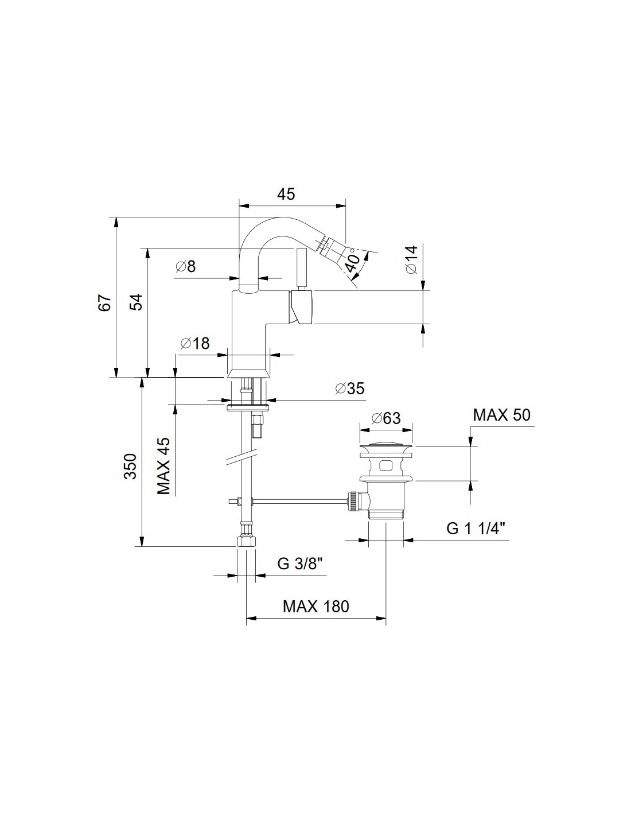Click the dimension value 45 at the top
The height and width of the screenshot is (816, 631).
click(x=286, y=194)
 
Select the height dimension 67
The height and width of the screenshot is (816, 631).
click(x=105, y=302)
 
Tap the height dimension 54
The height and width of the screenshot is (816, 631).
click(x=137, y=301)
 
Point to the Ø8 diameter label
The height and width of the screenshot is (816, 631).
click(x=186, y=267)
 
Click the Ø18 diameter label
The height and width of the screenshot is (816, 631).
click(x=195, y=343)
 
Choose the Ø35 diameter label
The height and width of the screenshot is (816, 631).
click(x=350, y=388)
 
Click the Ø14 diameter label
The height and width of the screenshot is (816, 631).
click(x=411, y=259)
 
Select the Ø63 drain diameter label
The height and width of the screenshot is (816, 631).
click(x=386, y=418)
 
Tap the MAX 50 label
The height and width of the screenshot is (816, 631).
click(x=501, y=415)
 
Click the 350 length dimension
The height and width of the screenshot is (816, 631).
click(x=131, y=466)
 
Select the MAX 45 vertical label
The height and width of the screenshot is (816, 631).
click(x=163, y=466)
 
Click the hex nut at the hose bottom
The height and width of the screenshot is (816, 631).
click(x=246, y=541)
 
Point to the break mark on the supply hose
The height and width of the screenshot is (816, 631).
click(x=242, y=456)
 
